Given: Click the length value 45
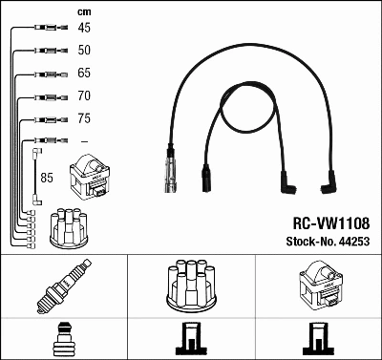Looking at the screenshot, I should pos(84,28).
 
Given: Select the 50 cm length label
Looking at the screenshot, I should pos(84,50).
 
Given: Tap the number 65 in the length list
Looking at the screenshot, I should pos(84,73).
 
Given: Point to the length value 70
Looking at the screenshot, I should pos(84,95).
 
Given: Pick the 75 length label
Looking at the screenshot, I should pos(84,119).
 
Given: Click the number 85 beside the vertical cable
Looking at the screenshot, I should pos(47,178).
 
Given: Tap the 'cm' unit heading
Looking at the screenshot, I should pos(82,11).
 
